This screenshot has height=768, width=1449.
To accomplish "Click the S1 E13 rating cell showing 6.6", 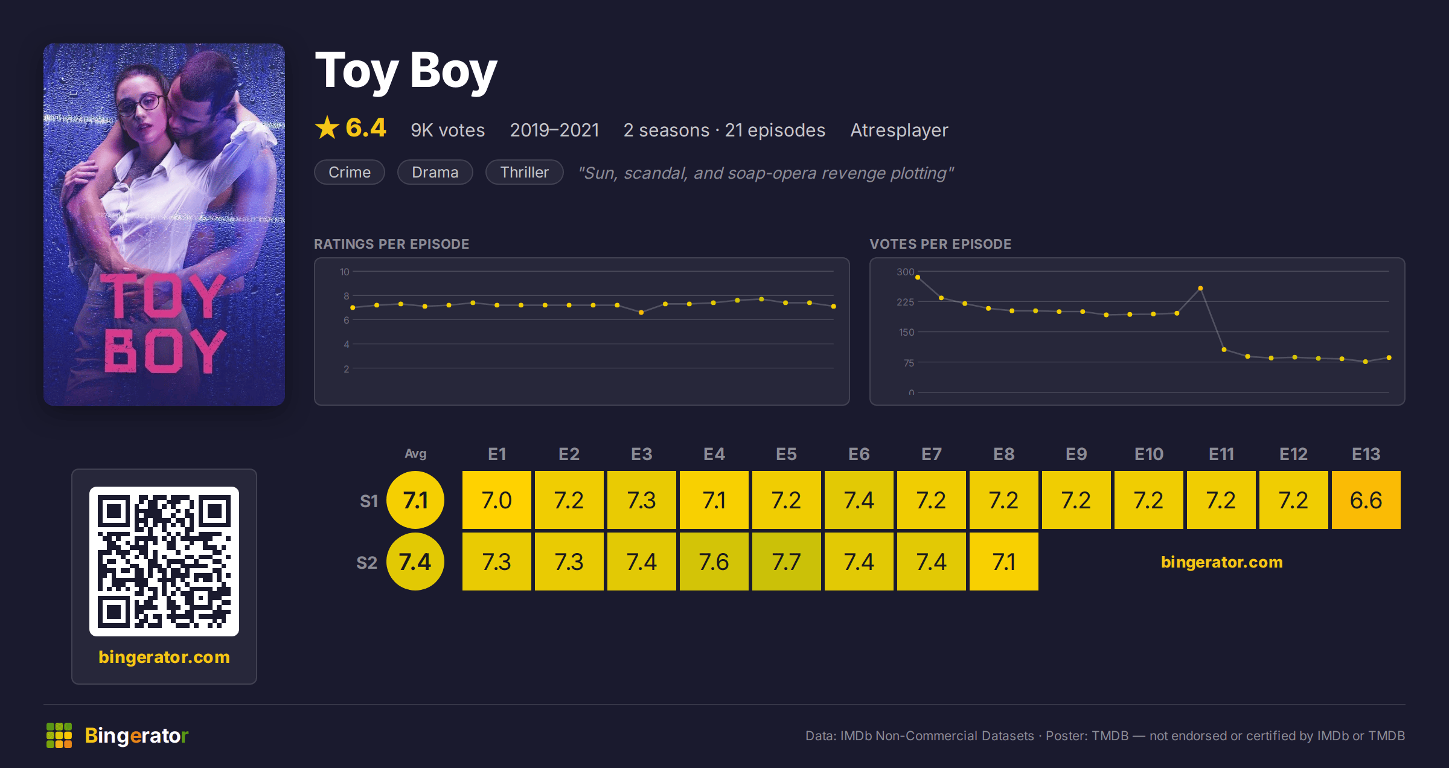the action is click(x=1366, y=500).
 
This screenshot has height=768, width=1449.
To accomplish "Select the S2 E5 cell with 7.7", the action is click(x=786, y=562).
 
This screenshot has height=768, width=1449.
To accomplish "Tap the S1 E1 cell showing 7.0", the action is click(x=496, y=500).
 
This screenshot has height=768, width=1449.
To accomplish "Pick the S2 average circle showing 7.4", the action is click(x=415, y=562).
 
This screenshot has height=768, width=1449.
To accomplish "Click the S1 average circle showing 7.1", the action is click(x=415, y=500).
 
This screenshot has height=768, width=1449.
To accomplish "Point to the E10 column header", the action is click(x=1148, y=454).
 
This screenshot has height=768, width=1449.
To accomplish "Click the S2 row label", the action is click(x=366, y=563).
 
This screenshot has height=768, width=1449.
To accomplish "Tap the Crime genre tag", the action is click(x=350, y=172).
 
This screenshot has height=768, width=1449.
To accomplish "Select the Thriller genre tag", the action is click(x=525, y=172).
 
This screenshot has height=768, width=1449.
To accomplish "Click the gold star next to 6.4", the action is click(x=327, y=127).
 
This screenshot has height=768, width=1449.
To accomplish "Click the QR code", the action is click(x=164, y=562).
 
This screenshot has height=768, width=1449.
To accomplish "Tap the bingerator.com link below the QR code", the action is click(x=164, y=657).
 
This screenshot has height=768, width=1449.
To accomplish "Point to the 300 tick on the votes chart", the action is click(x=905, y=272).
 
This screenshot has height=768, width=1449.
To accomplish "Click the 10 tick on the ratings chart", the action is click(x=344, y=272).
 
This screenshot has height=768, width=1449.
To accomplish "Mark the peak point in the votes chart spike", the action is click(x=1200, y=289).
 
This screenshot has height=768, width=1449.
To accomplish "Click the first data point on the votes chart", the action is click(x=918, y=277).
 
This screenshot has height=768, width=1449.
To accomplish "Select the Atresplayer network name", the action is click(x=899, y=130).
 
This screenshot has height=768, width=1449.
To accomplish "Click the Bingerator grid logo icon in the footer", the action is click(x=59, y=735).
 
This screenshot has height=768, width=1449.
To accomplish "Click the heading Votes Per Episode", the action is click(x=940, y=244).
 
